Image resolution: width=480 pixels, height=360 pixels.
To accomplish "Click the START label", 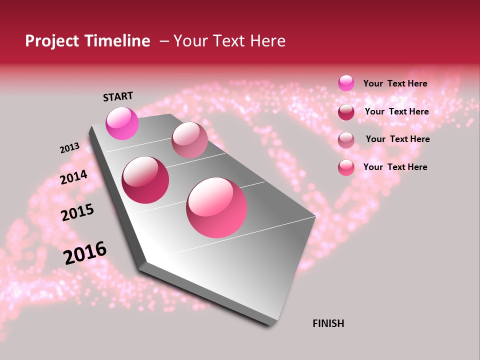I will [118, 96].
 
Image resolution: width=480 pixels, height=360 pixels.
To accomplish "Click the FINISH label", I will [328, 323].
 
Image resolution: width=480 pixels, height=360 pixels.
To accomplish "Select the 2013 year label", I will [69, 148].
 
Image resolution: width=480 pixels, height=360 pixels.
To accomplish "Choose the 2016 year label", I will [85, 253].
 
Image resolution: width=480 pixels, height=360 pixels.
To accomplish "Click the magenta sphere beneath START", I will [122, 123].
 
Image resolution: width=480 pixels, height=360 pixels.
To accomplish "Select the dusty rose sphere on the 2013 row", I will [189, 140].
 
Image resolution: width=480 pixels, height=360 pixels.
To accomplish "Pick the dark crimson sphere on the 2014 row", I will [145, 180].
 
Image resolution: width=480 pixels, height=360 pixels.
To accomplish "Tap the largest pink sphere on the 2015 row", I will [216, 207].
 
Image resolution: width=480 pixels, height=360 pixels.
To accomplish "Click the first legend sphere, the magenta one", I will [346, 83].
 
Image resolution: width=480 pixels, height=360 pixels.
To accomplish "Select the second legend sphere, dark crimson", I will [346, 112].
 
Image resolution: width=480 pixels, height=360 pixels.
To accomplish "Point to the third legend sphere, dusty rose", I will [346, 140].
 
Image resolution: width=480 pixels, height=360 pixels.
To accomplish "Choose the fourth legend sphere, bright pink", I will [346, 167].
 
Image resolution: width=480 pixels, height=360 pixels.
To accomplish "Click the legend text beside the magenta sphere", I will [395, 83].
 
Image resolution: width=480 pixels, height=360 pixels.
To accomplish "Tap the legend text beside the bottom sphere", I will [395, 167].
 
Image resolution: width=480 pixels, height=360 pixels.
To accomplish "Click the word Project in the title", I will [51, 41].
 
